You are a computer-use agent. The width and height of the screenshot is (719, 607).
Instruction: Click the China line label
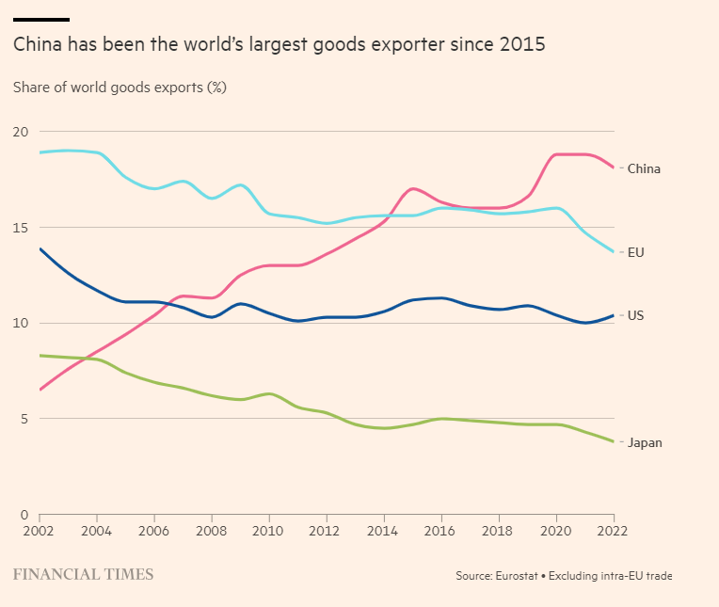[644, 169]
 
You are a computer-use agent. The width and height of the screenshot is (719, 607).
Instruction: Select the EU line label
[635, 252]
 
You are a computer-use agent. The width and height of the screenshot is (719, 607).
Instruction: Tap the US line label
[635, 315]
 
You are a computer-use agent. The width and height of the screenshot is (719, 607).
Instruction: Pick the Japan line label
[645, 442]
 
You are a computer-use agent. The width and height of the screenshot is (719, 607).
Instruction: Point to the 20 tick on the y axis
[21, 132]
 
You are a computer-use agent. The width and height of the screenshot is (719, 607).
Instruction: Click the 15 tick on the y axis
[21, 228]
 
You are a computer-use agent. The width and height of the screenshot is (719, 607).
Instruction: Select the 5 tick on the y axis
[24, 419]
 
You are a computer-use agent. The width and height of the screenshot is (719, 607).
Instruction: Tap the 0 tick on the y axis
[24, 515]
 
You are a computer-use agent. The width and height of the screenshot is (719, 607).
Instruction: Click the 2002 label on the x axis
[40, 531]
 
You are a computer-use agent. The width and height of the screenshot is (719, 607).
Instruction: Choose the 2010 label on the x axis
[269, 531]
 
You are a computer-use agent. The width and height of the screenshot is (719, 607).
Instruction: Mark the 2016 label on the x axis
[441, 531]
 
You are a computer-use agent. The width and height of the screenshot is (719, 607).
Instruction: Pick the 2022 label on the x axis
[614, 531]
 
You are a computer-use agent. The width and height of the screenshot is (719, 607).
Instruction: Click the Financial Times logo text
[83, 573]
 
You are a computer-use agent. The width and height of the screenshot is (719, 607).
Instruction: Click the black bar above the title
[41, 19]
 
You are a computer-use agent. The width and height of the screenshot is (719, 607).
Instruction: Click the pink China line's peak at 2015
[413, 189]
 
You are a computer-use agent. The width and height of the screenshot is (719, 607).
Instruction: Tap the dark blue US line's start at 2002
[40, 249]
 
